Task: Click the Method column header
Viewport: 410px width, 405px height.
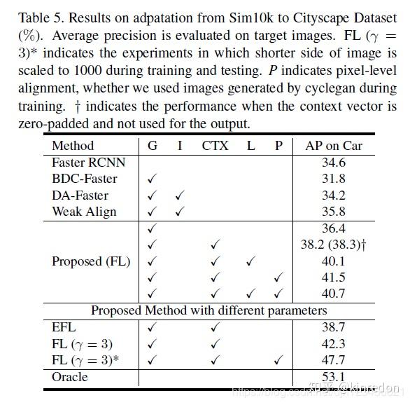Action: [73, 146]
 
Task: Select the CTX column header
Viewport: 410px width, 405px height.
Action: [215, 146]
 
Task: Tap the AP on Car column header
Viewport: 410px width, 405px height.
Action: [334, 146]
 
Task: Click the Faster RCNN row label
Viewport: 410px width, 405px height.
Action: [88, 163]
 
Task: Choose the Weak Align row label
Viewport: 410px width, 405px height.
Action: [84, 211]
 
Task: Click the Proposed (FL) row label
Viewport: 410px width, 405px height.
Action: [91, 261]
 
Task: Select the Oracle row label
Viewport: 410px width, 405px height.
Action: [70, 376]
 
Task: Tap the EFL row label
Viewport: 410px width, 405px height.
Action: [64, 327]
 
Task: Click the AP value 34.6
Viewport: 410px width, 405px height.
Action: [334, 163]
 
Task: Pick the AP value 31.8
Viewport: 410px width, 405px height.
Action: [334, 179]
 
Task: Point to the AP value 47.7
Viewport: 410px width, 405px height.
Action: [334, 360]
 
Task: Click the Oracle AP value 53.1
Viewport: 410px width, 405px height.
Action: [334, 376]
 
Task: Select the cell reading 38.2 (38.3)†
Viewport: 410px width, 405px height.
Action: [334, 245]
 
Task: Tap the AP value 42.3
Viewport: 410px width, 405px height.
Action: [334, 343]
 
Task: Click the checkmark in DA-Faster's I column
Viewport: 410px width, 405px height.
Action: [180, 195]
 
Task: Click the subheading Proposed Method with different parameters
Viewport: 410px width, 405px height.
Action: [209, 310]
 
